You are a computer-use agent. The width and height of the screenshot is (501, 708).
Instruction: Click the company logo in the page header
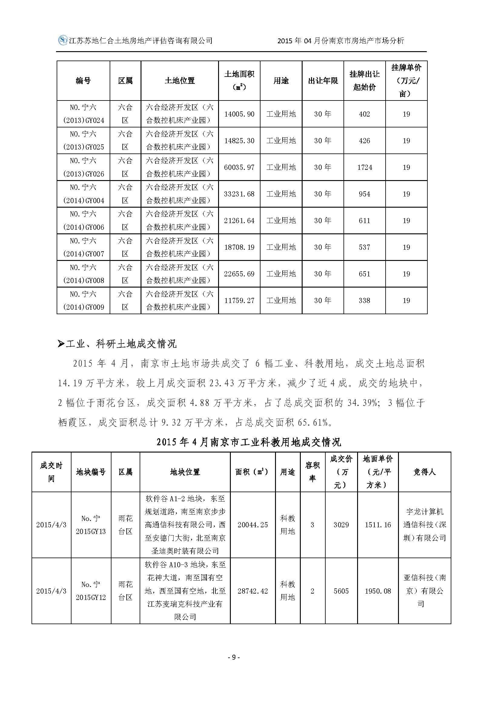[x=63, y=40]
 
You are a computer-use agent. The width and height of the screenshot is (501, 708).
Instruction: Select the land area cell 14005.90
[x=239, y=114]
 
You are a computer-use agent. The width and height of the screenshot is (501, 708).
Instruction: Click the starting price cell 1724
[x=365, y=167]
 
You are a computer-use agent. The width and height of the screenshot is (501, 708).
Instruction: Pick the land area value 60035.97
[x=239, y=167]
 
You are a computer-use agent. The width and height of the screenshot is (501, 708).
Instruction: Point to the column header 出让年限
[x=323, y=81]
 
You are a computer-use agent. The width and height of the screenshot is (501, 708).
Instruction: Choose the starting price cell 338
[x=364, y=301]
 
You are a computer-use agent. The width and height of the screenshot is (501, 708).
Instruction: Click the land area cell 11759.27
[x=239, y=301]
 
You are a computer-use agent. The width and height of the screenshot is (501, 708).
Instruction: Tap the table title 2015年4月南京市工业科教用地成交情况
[x=249, y=443]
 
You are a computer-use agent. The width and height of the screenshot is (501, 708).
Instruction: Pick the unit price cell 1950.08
[x=378, y=591]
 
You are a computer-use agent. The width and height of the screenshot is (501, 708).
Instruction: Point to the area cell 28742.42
[x=253, y=591]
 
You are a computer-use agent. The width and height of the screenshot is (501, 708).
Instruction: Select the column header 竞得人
[x=424, y=472]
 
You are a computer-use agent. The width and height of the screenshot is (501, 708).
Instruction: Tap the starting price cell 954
[x=364, y=194]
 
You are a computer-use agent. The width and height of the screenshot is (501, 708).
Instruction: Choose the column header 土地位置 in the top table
[x=180, y=81]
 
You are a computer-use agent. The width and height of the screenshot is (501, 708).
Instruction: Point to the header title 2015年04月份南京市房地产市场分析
[x=340, y=41]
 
